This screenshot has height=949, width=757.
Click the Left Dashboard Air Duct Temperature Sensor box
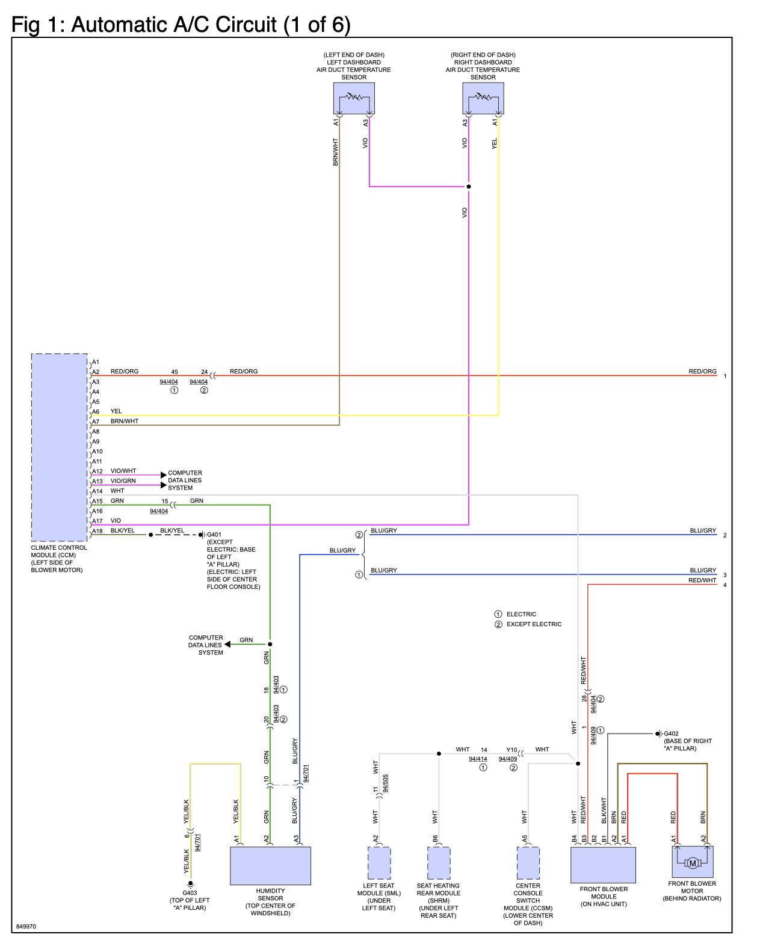tap(354, 98)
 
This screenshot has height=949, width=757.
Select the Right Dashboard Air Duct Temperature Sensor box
tap(483, 98)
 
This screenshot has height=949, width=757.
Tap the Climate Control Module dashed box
tap(60, 447)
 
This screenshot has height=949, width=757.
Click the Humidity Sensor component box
tap(270, 865)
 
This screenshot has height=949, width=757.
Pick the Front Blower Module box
tap(603, 864)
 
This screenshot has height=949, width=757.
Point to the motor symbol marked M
tap(692, 863)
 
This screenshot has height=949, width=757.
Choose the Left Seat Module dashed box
tap(379, 862)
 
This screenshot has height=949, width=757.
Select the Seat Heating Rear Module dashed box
tap(439, 862)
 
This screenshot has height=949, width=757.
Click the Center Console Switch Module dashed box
tap(528, 862)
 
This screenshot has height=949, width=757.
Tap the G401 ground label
tap(214, 535)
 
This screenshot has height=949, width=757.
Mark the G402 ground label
tap(671, 733)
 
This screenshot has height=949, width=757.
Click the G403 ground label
tap(190, 892)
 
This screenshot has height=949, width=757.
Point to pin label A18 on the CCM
tap(97, 531)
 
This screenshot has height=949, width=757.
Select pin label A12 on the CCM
tap(97, 471)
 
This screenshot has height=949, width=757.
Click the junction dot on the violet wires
tap(468, 187)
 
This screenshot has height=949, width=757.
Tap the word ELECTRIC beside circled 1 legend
tap(521, 614)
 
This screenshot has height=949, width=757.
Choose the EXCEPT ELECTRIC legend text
tap(534, 624)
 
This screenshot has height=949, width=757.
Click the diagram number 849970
tap(26, 926)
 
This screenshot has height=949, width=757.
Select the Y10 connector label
tap(511, 750)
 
